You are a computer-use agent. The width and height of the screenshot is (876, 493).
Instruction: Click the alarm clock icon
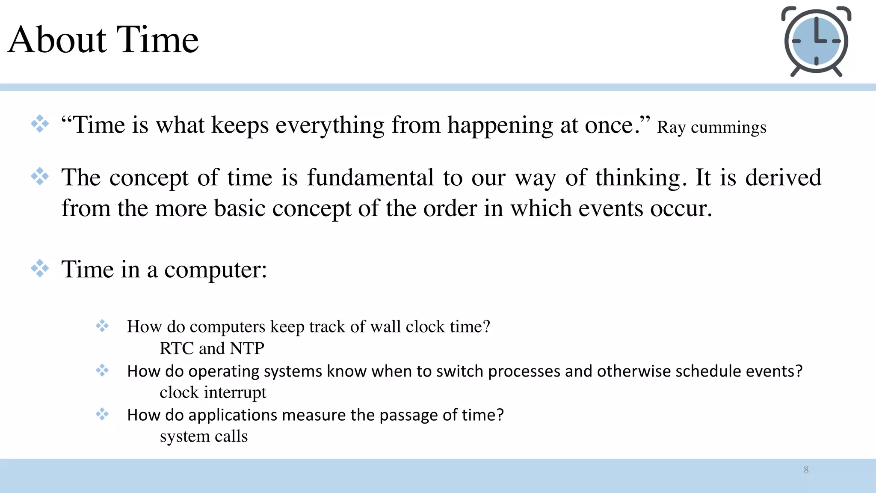coord(816,42)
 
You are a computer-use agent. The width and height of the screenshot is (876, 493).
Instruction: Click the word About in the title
coord(57,39)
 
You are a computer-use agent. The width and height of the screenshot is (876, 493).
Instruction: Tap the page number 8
coord(806,470)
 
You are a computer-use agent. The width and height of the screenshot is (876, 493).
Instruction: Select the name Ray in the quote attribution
coord(671,128)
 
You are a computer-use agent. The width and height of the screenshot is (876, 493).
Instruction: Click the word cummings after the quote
coord(728,128)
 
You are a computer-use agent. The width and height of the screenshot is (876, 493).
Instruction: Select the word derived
coord(783,177)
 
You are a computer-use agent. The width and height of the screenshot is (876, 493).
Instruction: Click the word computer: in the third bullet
coord(216,270)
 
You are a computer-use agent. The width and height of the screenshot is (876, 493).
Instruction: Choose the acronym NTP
coord(247,348)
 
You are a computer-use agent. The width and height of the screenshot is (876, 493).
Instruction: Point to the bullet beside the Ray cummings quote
coord(40,124)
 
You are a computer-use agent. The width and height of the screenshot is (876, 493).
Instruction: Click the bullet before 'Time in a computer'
coord(40,268)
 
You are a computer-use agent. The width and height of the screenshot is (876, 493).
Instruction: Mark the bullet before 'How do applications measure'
coord(102,414)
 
